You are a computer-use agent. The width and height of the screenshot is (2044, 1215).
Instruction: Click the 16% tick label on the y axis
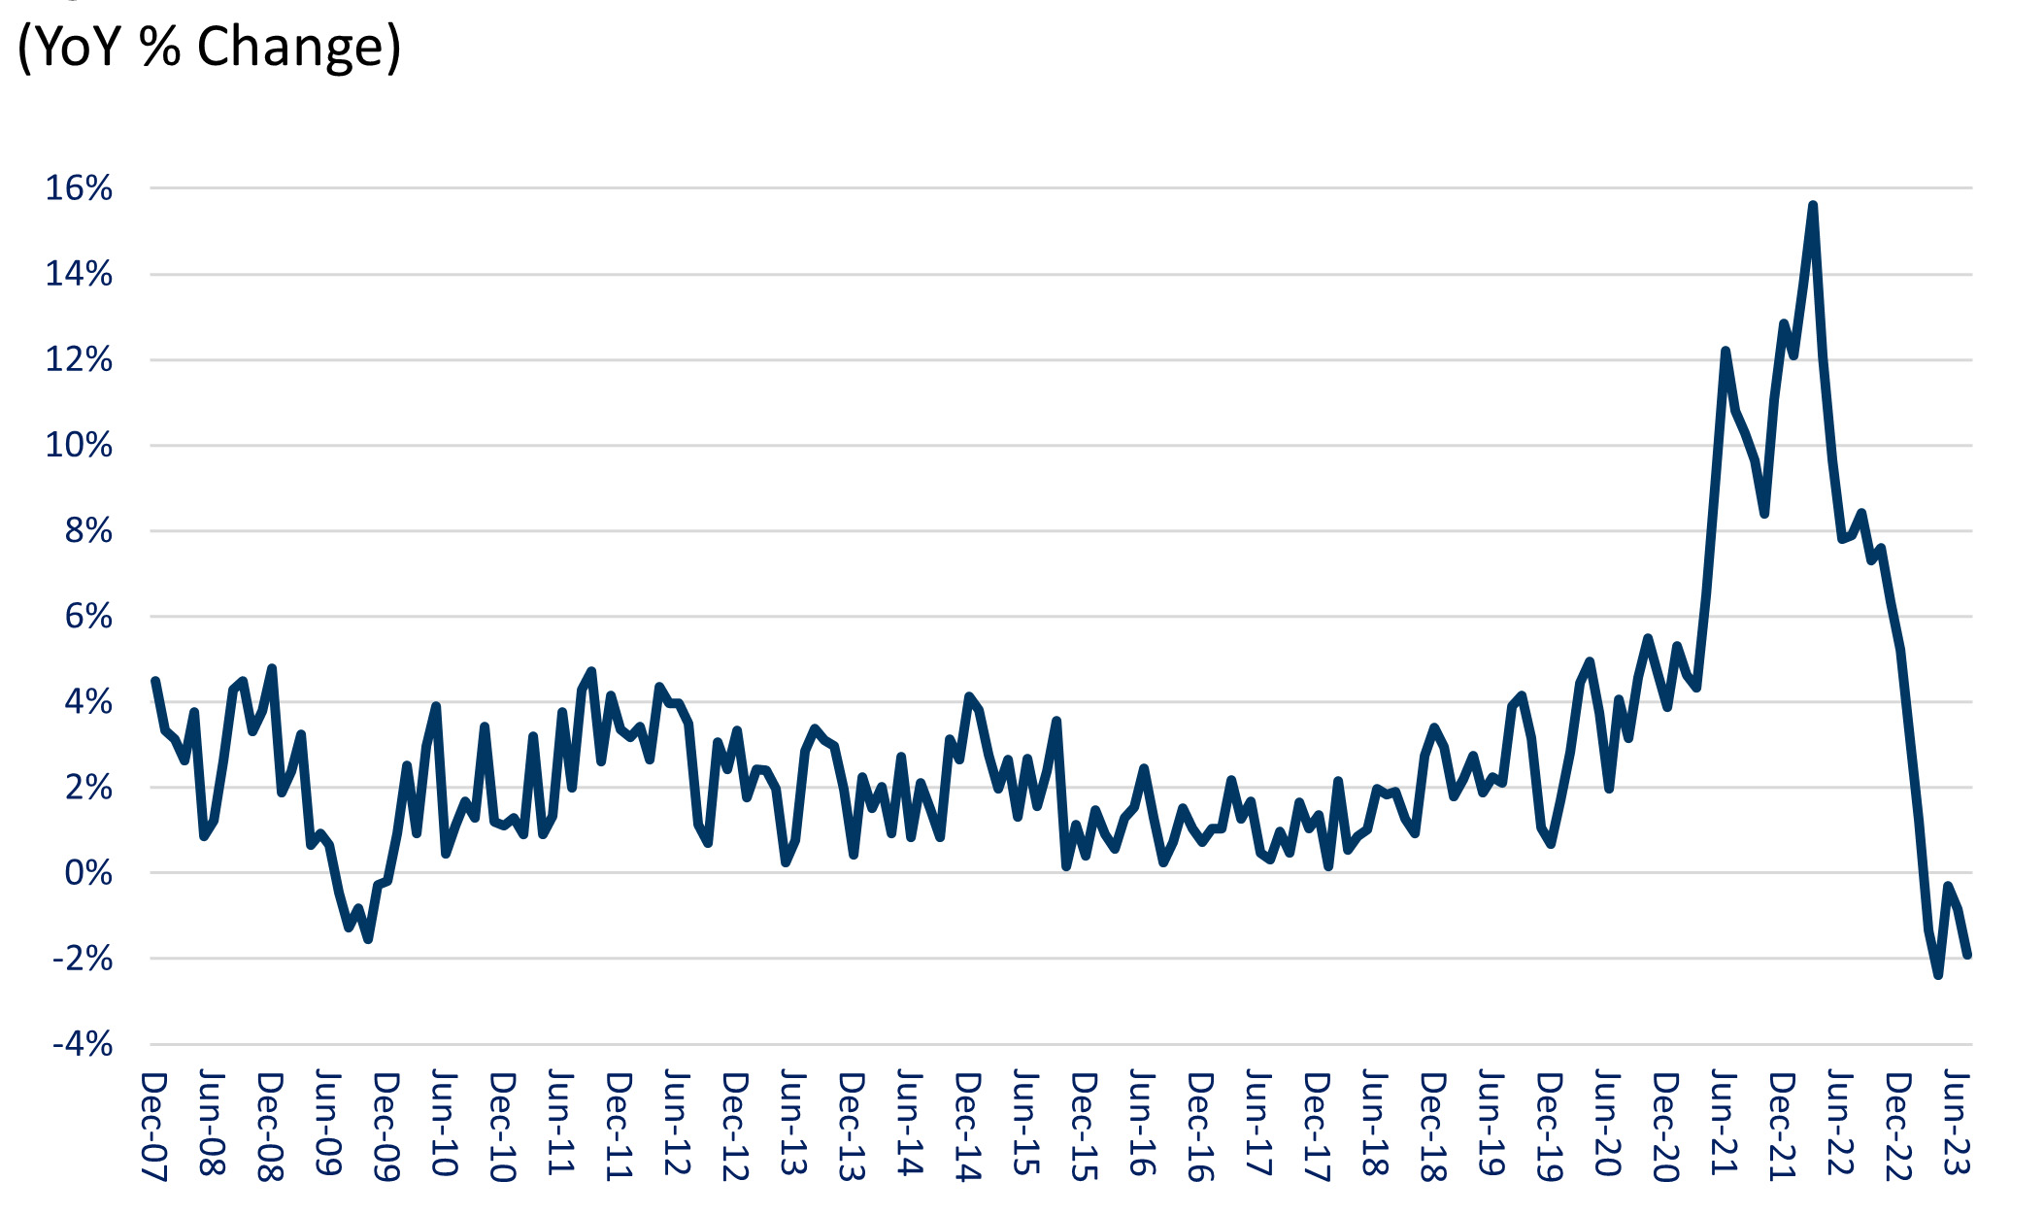pyautogui.click(x=79, y=188)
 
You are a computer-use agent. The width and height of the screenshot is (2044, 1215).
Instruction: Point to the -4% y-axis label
pyautogui.click(x=83, y=1045)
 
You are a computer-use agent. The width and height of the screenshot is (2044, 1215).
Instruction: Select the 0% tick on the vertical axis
pyautogui.click(x=88, y=873)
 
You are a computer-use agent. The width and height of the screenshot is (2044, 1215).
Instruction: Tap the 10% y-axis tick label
pyautogui.click(x=79, y=446)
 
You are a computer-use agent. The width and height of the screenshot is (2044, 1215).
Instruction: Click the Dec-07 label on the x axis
pyautogui.click(x=153, y=1126)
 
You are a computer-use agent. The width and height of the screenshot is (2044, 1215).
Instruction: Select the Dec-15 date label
pyautogui.click(x=1084, y=1126)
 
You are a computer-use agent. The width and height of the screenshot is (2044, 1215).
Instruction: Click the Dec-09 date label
pyautogui.click(x=385, y=1126)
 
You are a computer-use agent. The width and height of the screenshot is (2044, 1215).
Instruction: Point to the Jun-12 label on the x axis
pyautogui.click(x=676, y=1124)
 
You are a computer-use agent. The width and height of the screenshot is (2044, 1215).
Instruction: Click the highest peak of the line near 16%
pyautogui.click(x=1812, y=206)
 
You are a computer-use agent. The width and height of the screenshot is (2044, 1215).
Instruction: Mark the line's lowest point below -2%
pyautogui.click(x=1938, y=974)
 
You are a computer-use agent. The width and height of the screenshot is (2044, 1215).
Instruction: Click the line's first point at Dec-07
pyautogui.click(x=155, y=682)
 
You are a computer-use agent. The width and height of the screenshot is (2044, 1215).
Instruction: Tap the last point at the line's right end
pyautogui.click(x=1967, y=955)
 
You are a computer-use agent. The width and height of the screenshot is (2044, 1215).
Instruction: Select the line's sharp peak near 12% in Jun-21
pyautogui.click(x=1725, y=351)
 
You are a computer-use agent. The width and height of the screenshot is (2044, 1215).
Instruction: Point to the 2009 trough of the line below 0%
pyautogui.click(x=368, y=938)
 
